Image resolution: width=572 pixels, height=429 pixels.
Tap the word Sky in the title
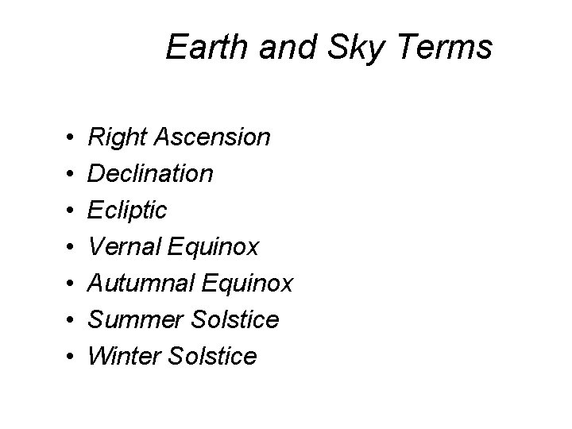coord(346,48)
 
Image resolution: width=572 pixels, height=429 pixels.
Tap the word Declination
coord(150,173)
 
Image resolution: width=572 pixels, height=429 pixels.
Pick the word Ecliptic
coord(128,211)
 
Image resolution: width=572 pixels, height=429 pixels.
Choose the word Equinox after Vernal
coord(215,247)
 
